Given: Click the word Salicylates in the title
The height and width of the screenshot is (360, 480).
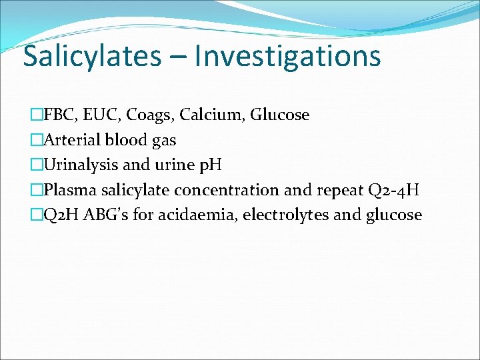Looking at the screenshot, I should point(92,56).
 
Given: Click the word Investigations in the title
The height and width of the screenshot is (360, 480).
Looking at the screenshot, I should point(288,56).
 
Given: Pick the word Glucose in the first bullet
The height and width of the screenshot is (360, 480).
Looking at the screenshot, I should point(280,115).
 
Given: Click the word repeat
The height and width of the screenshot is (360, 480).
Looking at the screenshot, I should point(338,190).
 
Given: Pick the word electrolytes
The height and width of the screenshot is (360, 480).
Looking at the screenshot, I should point(291,215).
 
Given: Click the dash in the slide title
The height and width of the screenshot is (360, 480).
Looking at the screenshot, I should point(178,57).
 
